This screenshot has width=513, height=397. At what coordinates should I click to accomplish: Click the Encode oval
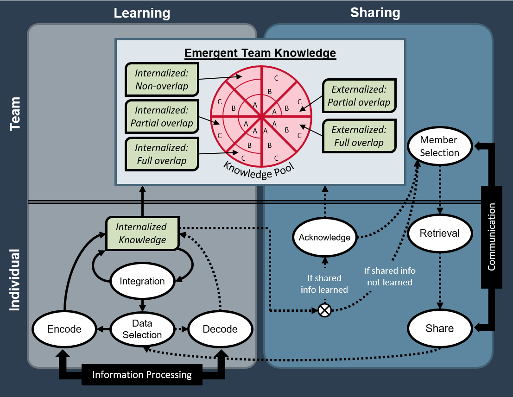pyautogui.click(x=64, y=329)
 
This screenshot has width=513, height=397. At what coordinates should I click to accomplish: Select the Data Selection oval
pyautogui.click(x=142, y=329)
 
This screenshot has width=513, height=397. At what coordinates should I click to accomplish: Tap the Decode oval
pyautogui.click(x=220, y=329)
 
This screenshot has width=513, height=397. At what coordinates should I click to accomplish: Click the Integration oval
pyautogui.click(x=142, y=281)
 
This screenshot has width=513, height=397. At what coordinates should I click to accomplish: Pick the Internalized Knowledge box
pyautogui.click(x=142, y=233)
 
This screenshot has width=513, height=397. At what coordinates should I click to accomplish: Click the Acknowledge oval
pyautogui.click(x=324, y=238)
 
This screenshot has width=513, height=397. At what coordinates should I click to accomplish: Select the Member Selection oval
pyautogui.click(x=439, y=146)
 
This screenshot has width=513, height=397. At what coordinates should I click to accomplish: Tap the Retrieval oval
pyautogui.click(x=439, y=233)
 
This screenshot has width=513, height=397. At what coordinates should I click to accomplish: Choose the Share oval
pyautogui.click(x=439, y=328)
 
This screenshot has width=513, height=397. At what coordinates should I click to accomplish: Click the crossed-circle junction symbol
pyautogui.click(x=325, y=310)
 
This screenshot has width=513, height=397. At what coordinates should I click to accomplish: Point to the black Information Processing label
pyautogui.click(x=142, y=375)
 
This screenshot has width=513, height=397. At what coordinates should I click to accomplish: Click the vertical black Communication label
pyautogui.click(x=492, y=236)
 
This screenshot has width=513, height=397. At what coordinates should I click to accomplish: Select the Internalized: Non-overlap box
pyautogui.click(x=161, y=80)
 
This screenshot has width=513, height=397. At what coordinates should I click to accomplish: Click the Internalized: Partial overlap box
pyautogui.click(x=161, y=117)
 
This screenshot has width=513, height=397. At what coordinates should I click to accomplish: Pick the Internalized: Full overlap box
pyautogui.click(x=161, y=154)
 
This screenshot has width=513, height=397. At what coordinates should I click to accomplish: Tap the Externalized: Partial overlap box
pyautogui.click(x=359, y=95)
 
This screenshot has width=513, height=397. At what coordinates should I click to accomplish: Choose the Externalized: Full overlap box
pyautogui.click(x=359, y=136)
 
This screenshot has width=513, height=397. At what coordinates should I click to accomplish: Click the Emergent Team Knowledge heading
pyautogui.click(x=260, y=53)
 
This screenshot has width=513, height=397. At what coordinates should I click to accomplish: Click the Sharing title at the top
pyautogui.click(x=375, y=13)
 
